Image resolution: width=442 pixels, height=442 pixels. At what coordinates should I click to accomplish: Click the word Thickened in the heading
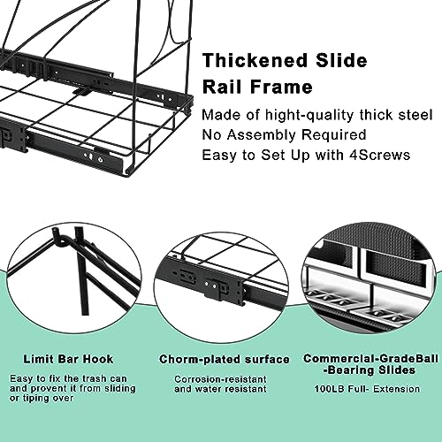255,60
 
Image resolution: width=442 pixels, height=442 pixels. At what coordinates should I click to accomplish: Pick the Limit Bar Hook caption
68,359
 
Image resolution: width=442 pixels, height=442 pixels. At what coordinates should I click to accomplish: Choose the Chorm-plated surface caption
225,360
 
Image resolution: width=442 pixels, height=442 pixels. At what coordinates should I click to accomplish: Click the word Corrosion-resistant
220,379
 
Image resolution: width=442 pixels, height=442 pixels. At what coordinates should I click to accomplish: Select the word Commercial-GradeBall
370,359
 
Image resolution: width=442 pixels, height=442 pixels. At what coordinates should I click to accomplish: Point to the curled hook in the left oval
61,236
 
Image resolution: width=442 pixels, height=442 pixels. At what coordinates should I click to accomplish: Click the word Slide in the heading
341,60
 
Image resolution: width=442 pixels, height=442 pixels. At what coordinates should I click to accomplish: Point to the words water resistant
231,389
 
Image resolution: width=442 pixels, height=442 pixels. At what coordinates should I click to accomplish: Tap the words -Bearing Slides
370,370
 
